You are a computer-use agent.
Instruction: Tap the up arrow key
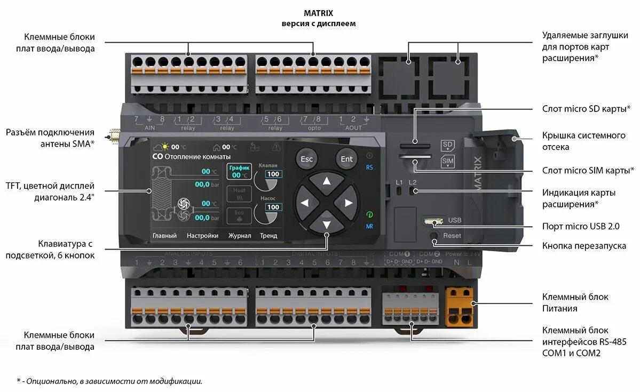326,181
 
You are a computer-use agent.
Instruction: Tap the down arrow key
326,224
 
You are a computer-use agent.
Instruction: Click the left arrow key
305,203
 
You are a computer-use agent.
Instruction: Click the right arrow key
347,203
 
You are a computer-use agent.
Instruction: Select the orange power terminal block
460,306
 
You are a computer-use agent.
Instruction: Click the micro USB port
432,220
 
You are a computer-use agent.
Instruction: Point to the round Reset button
433,235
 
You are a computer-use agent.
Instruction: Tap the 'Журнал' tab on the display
240,235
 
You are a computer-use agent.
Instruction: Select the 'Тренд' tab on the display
268,235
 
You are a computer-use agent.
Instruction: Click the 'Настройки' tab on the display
202,235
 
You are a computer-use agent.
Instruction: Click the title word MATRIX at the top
318,13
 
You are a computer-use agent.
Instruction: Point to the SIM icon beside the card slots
447,162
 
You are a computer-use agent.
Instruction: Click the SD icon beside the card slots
447,145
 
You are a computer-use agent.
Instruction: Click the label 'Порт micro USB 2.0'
581,226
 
